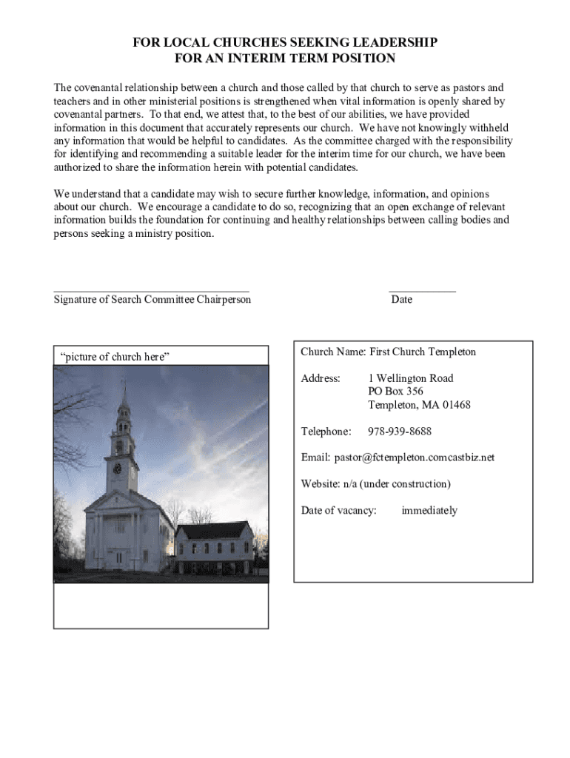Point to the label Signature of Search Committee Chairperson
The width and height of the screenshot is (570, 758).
(x=152, y=300)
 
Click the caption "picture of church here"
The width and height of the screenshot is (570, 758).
(x=115, y=357)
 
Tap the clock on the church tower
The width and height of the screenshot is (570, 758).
(x=117, y=469)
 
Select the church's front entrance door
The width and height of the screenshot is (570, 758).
(x=118, y=556)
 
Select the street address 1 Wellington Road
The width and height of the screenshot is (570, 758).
(x=411, y=378)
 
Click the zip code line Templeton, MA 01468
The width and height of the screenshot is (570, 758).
(x=419, y=405)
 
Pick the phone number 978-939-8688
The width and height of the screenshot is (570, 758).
(x=400, y=432)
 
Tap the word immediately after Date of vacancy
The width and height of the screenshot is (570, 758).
(x=429, y=511)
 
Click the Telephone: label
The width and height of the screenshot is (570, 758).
(x=326, y=432)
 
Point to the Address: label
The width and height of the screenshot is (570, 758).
(x=321, y=378)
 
